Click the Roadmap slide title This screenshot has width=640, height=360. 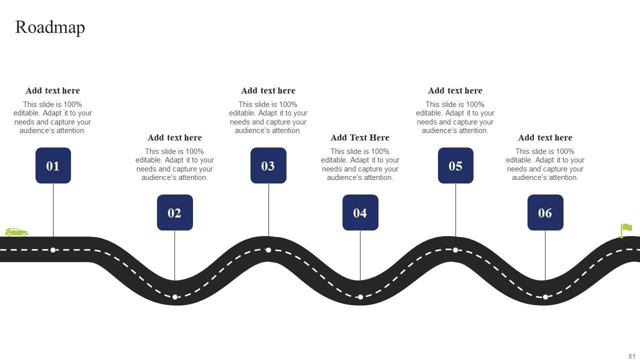point(50,27)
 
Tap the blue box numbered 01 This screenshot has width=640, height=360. point(53,165)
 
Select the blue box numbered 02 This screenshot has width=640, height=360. point(174,212)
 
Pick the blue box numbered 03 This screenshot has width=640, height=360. point(268,165)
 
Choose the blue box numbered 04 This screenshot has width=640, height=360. point(360,212)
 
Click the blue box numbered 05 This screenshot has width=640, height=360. point(455,165)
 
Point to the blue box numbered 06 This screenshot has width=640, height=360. point(545,212)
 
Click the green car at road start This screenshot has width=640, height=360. point(16,232)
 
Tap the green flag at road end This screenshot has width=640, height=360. point(626,230)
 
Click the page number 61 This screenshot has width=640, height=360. point(632,356)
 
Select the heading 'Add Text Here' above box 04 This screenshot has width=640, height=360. point(360,137)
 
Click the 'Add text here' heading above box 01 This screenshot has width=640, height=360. point(52,90)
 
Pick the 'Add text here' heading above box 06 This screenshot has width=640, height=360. point(545,137)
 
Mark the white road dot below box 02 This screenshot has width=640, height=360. point(175,297)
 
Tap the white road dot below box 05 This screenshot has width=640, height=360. point(455,250)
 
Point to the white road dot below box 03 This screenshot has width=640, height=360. point(268,250)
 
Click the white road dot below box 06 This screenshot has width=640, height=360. point(545,297)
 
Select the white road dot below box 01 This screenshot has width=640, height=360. point(53,250)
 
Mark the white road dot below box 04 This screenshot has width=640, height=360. point(360,297)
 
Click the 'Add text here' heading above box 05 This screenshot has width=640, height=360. point(455,90)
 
